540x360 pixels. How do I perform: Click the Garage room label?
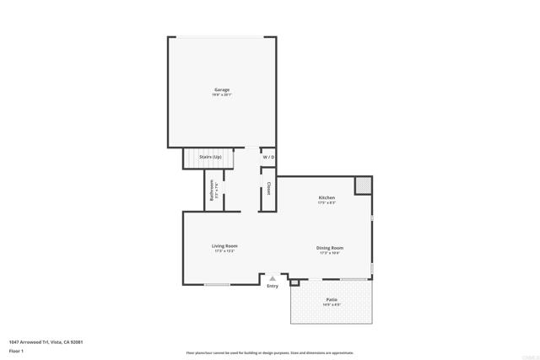[x=221, y=89]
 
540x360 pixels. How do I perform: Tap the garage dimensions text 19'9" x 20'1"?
[x=221, y=94]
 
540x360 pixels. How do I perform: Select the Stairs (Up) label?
[x=210, y=158]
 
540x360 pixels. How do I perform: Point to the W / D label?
[x=268, y=158]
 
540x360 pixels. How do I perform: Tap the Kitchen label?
[x=327, y=197]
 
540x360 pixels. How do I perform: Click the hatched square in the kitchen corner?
[x=363, y=184]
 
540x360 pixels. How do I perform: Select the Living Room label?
[x=224, y=245]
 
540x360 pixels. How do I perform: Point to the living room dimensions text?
[x=224, y=251]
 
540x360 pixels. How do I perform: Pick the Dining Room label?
[x=330, y=247]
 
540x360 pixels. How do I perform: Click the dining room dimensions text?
[x=330, y=253]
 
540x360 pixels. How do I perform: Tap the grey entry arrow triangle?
[x=272, y=277]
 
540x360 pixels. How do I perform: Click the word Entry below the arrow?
[x=272, y=287]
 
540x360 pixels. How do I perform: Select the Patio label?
[x=332, y=299]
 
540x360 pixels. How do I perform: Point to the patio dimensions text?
[x=332, y=304]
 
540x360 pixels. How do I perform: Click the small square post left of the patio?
[x=294, y=282]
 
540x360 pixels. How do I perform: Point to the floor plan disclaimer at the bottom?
[x=270, y=352]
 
